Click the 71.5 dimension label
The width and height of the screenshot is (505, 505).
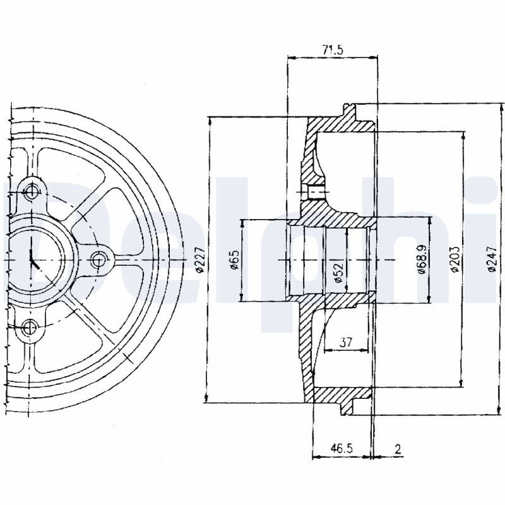point(333,49)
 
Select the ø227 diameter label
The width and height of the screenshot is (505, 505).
point(200,259)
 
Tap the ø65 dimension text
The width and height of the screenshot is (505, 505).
point(235,259)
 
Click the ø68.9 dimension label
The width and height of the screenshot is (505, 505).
point(422,259)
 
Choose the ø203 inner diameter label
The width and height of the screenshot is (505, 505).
point(454,259)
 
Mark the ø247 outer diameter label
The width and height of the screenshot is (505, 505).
point(491,259)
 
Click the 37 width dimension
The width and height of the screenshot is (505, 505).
point(346,342)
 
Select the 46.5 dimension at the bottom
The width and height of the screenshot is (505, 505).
point(342,448)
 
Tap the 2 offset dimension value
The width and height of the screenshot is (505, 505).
point(398,449)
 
